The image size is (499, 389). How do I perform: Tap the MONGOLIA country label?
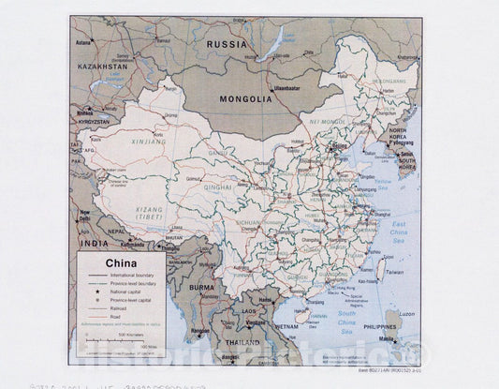[x=245, y=97]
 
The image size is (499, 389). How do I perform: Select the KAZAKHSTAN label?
[x=100, y=68]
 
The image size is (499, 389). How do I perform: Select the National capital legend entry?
[x=130, y=292]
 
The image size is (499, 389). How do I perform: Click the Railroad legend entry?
[x=122, y=307]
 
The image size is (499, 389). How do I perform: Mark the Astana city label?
[x=83, y=43]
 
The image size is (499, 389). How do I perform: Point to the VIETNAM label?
[x=286, y=326]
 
